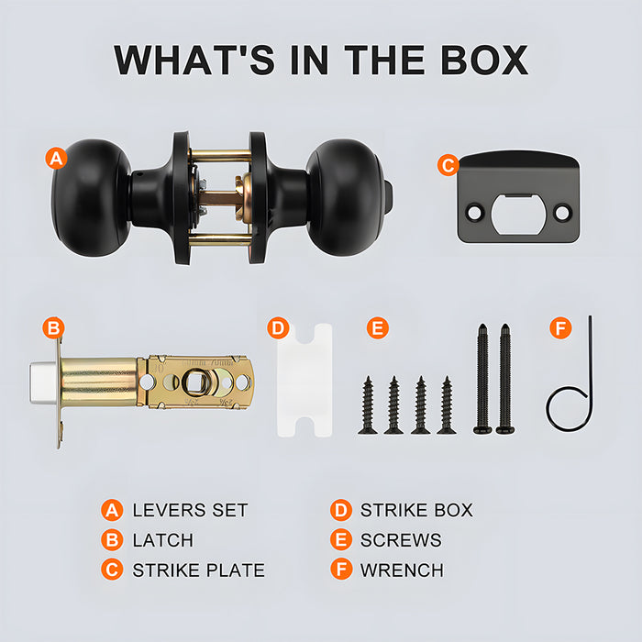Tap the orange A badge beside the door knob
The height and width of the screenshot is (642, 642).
pyautogui.click(x=56, y=158)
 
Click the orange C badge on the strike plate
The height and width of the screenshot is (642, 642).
pyautogui.click(x=448, y=165)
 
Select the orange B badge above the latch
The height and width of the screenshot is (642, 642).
pyautogui.click(x=53, y=328)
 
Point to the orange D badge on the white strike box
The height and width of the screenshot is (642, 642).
pyautogui.click(x=278, y=328)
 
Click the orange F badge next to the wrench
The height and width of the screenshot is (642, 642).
pyautogui.click(x=560, y=328)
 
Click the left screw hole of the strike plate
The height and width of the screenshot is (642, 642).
pyautogui.click(x=475, y=213)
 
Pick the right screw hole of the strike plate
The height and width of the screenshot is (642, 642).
pyautogui.click(x=561, y=213)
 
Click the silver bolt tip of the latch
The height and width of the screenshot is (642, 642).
pyautogui.click(x=42, y=382)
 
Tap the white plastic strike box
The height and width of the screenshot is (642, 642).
pyautogui.click(x=304, y=380)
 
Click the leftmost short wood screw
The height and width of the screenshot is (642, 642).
pyautogui.click(x=368, y=405)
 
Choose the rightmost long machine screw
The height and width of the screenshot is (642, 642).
pyautogui.click(x=505, y=379)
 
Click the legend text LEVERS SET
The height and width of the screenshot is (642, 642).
pyautogui.click(x=190, y=510)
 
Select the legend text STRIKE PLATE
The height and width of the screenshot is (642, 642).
pyautogui.click(x=199, y=570)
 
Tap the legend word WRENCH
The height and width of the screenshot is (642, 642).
pyautogui.click(x=402, y=570)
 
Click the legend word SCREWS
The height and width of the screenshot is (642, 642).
pyautogui.click(x=401, y=540)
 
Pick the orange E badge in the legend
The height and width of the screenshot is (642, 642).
pyautogui.click(x=341, y=540)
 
